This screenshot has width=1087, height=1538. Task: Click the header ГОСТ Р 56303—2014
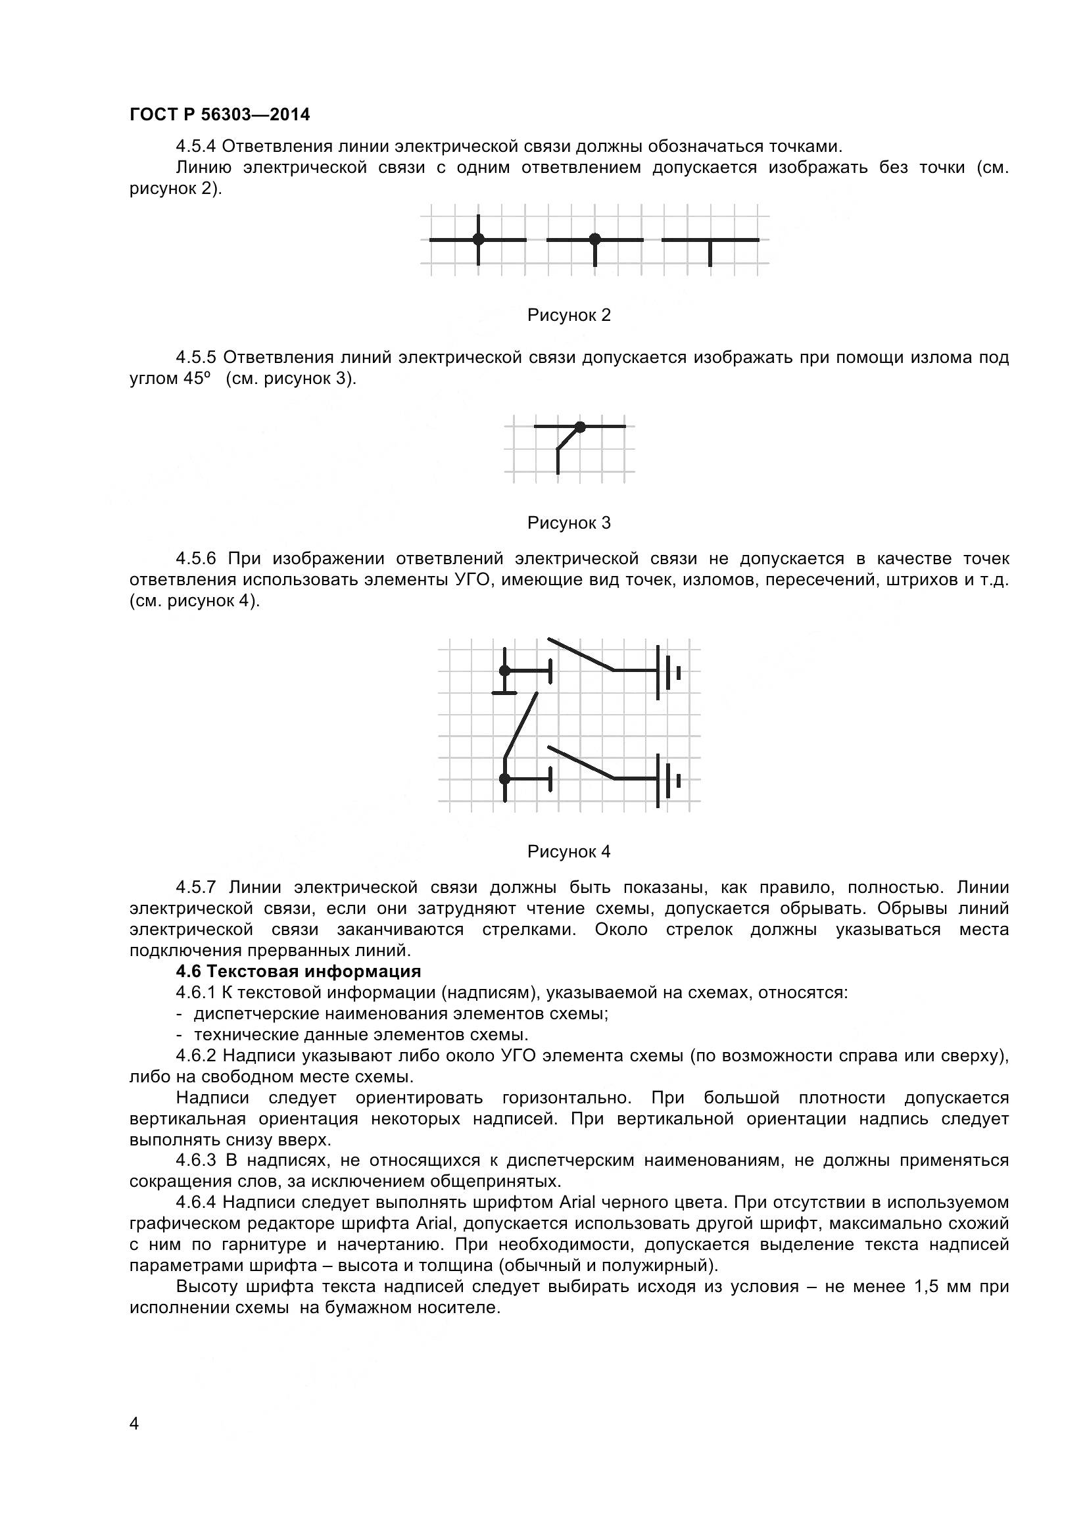(220, 114)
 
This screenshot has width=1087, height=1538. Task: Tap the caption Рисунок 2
(569, 315)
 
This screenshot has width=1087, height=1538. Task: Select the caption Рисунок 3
(569, 523)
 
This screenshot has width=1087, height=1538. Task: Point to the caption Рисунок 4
(569, 852)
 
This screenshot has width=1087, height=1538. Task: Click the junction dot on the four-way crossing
(478, 239)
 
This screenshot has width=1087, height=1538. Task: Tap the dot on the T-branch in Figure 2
(594, 239)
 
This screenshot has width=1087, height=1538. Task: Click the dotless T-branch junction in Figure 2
(710, 240)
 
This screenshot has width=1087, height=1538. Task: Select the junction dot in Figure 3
(580, 426)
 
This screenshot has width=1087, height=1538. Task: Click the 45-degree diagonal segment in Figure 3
(568, 438)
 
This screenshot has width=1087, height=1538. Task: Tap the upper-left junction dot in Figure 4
(505, 671)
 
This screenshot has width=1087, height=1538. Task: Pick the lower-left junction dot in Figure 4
(505, 779)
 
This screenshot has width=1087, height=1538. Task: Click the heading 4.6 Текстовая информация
(298, 971)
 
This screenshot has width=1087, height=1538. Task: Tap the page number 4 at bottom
(134, 1442)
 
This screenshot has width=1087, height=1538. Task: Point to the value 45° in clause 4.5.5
(197, 379)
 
